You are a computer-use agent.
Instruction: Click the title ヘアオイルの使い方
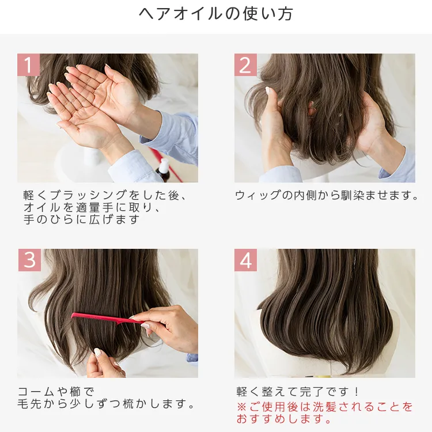pos(216,14)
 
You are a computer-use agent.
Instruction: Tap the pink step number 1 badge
pos(28,65)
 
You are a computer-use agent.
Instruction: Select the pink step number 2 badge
pos(245,65)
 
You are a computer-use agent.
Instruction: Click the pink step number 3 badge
pos(29,260)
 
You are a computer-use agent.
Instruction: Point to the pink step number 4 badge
pos(245,260)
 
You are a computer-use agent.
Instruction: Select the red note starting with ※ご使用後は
pos(325,407)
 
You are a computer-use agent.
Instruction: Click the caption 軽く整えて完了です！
pos(298,392)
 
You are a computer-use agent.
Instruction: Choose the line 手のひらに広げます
pos(81,220)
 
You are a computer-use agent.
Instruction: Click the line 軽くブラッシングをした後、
pos(105,195)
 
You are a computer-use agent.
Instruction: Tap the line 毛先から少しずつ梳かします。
pos(107,404)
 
